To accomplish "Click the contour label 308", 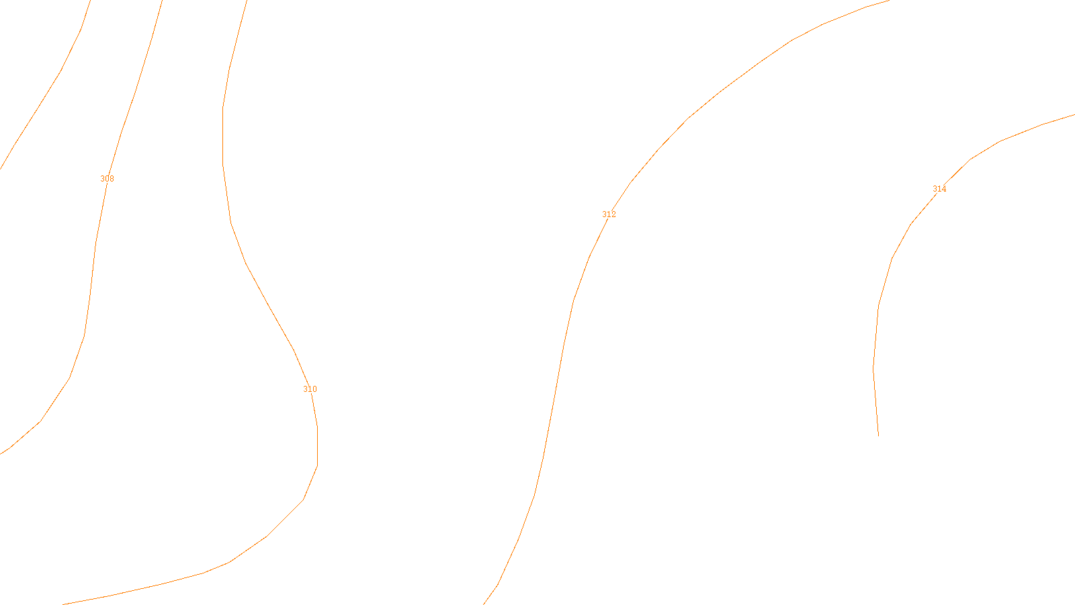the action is [107, 179].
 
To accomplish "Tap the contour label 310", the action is [310, 389].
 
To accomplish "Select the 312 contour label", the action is [609, 214].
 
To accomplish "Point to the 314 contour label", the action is [939, 189].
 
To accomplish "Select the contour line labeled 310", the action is [269, 306].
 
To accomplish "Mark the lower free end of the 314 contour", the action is [878, 436].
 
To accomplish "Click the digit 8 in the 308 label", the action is [112, 179].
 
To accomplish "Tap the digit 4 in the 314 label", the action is [944, 189].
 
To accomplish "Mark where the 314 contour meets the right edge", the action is [1074, 115].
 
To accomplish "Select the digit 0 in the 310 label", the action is [314, 389].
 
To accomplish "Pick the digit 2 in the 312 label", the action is [613, 214].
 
